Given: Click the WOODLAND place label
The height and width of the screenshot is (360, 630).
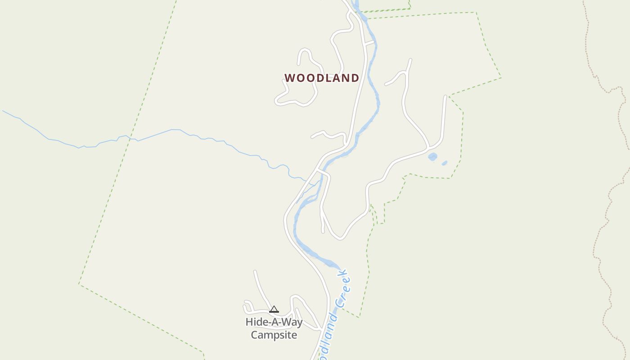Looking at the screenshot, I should pyautogui.click(x=322, y=78).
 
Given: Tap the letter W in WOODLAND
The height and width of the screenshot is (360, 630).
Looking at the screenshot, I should pyautogui.click(x=289, y=78).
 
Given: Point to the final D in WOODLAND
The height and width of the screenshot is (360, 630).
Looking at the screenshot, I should pyautogui.click(x=355, y=78).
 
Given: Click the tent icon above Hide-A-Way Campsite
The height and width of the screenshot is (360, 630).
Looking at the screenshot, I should pyautogui.click(x=274, y=309).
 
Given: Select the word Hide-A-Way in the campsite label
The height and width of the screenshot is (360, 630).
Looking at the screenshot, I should pyautogui.click(x=274, y=322).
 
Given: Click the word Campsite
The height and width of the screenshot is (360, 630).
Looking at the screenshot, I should pyautogui.click(x=274, y=335).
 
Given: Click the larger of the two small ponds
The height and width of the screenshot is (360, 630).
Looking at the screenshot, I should pyautogui.click(x=432, y=157).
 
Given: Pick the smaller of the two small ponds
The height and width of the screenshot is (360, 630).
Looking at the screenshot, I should pyautogui.click(x=445, y=163).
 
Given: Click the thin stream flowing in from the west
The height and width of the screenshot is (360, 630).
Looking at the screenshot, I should pyautogui.click(x=171, y=130).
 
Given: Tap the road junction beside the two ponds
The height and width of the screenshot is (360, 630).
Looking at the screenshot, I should pyautogui.click(x=429, y=148).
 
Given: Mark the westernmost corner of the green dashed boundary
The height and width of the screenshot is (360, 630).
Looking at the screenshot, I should pyautogui.click(x=79, y=283).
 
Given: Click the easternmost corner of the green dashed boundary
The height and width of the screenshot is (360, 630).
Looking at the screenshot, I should pyautogui.click(x=501, y=78).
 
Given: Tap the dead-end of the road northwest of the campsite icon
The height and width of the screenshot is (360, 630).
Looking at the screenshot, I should pyautogui.click(x=255, y=271).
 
